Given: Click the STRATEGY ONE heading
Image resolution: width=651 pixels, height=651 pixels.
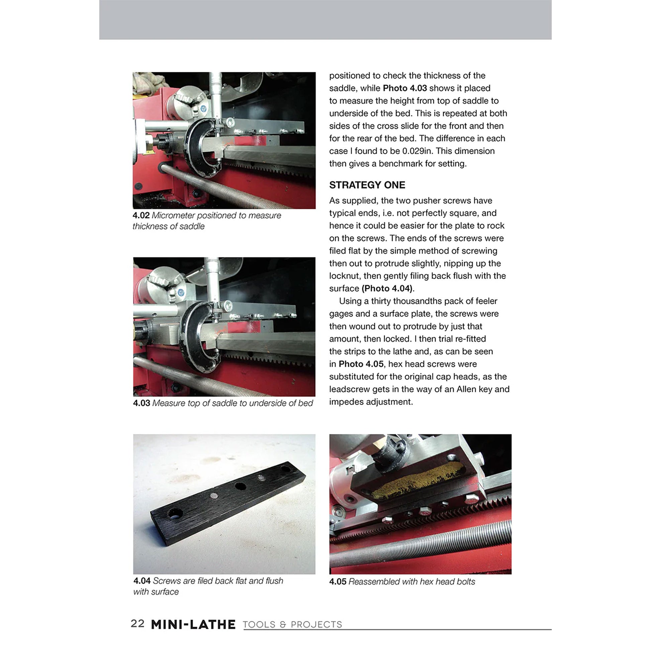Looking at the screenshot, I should (367, 185).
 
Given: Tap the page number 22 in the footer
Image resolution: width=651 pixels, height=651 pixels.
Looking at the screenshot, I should (137, 623).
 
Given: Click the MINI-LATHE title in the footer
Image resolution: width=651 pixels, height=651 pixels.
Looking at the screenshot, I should (193, 624).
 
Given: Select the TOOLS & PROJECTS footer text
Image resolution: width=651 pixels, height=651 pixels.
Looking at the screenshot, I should (292, 625).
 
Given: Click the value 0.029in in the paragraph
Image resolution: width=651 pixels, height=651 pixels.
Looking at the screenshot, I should (416, 151).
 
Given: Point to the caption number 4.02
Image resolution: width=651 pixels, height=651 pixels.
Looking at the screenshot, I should (141, 215).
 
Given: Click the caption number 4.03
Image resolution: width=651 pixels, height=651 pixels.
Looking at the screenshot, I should (141, 403).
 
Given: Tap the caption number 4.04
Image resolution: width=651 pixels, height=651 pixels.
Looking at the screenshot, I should (142, 580).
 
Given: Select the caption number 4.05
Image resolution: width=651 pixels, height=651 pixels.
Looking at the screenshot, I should (338, 581).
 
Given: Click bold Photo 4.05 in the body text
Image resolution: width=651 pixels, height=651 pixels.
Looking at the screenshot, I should (361, 364).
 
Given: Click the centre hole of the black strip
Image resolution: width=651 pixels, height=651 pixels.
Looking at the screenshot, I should (240, 486).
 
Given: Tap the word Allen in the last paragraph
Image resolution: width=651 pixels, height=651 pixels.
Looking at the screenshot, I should (466, 389).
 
